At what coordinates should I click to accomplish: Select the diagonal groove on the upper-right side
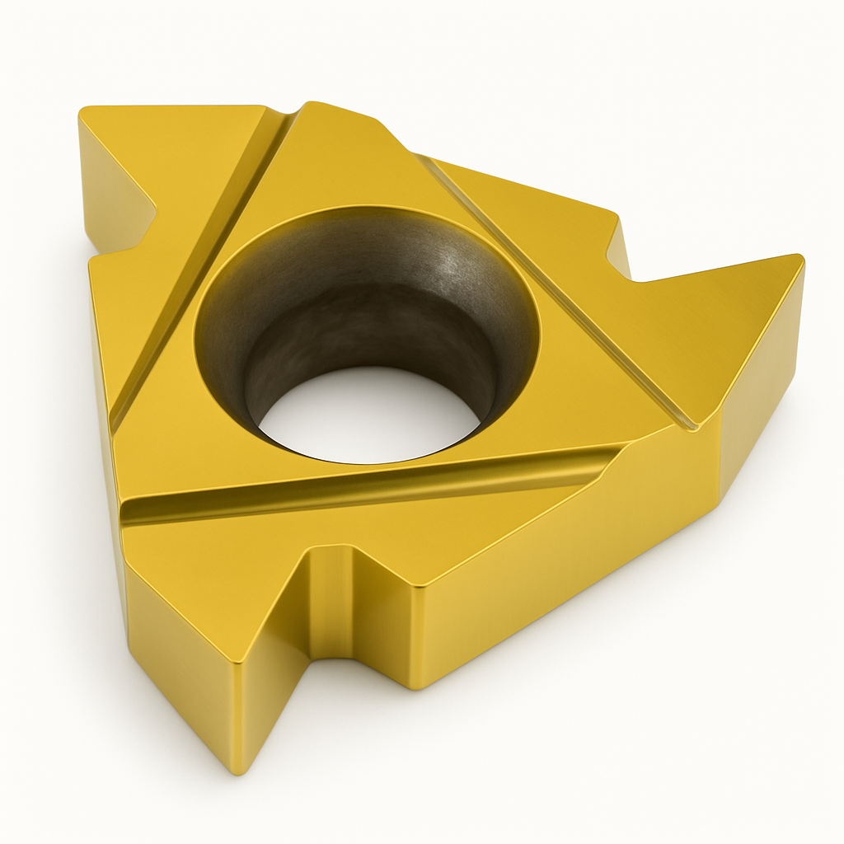tap(560, 288)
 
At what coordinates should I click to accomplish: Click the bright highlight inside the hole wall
tap(449, 264)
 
